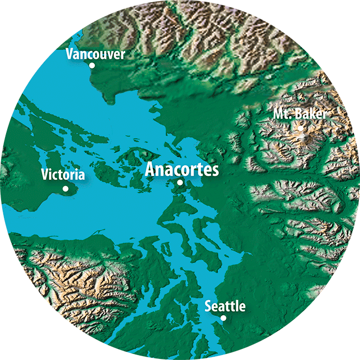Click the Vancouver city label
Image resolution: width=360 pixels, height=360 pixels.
click(x=95, y=54)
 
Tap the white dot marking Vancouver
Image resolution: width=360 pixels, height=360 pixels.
click(x=92, y=65)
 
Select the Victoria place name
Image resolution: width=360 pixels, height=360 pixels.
click(x=63, y=176)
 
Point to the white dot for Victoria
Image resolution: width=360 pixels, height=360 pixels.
click(x=65, y=188)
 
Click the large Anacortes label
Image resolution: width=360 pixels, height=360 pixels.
click(x=182, y=169)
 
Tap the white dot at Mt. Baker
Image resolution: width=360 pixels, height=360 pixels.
click(x=300, y=127)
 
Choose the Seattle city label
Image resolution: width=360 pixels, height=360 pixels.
click(x=225, y=306)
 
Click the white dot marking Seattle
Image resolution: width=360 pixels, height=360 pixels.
click(x=223, y=318)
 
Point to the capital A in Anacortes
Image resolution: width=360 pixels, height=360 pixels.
click(x=150, y=169)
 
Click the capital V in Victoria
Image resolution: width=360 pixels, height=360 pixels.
click(x=45, y=176)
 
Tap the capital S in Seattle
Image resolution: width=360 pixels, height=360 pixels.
click(x=208, y=306)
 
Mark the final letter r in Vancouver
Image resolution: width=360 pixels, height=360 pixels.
click(x=123, y=55)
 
